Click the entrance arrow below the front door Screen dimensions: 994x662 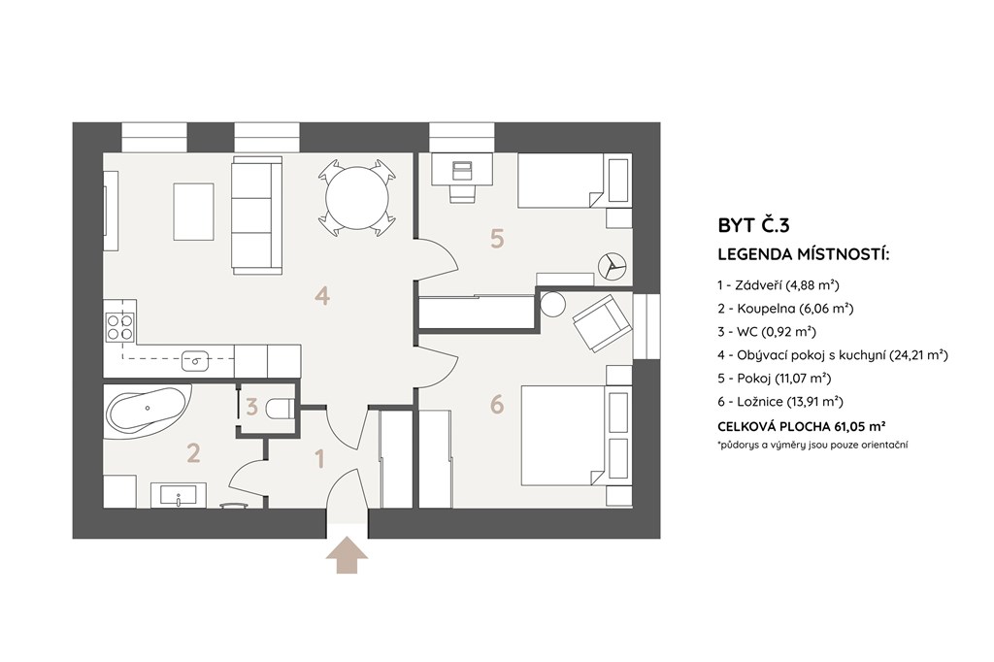click(347, 555)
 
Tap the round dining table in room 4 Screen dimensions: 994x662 click(357, 198)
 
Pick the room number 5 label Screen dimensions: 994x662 click(497, 239)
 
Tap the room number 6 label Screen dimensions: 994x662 click(497, 403)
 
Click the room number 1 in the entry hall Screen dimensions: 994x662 click(319, 458)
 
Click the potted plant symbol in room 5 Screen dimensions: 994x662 click(613, 266)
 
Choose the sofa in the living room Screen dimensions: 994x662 click(256, 215)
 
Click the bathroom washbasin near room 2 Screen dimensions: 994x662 click(179, 495)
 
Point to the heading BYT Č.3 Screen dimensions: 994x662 click(753, 226)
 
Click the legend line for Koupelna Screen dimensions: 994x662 click(785, 308)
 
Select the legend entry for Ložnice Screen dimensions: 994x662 click(780, 402)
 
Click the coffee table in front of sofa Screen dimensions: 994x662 click(193, 212)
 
